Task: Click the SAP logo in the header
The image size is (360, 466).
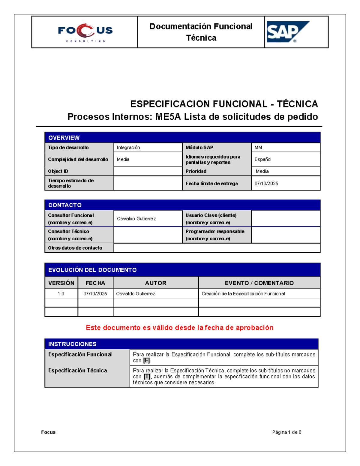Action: click(x=287, y=32)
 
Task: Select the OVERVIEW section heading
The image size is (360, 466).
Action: click(x=64, y=138)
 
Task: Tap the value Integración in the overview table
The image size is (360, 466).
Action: click(x=128, y=148)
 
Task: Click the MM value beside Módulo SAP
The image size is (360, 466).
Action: click(x=258, y=148)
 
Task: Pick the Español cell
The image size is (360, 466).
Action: click(x=263, y=159)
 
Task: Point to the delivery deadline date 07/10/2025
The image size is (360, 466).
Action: click(x=266, y=183)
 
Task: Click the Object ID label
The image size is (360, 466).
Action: click(x=58, y=171)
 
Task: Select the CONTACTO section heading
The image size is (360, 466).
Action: click(x=65, y=205)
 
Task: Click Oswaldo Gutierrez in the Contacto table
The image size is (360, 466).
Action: click(x=136, y=219)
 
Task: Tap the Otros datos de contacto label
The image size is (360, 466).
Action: click(x=75, y=248)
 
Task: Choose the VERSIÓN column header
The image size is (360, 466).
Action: click(x=61, y=283)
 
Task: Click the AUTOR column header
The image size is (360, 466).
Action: click(x=156, y=283)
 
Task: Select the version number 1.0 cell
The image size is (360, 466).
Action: click(x=61, y=294)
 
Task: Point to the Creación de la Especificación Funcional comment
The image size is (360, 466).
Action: click(x=243, y=294)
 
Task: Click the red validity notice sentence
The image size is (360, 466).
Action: click(x=179, y=328)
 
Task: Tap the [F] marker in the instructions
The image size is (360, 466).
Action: click(x=146, y=361)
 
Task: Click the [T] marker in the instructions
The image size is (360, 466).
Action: click(x=147, y=377)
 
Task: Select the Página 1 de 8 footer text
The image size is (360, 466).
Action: click(x=286, y=432)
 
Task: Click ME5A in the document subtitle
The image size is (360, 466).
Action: click(x=168, y=116)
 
